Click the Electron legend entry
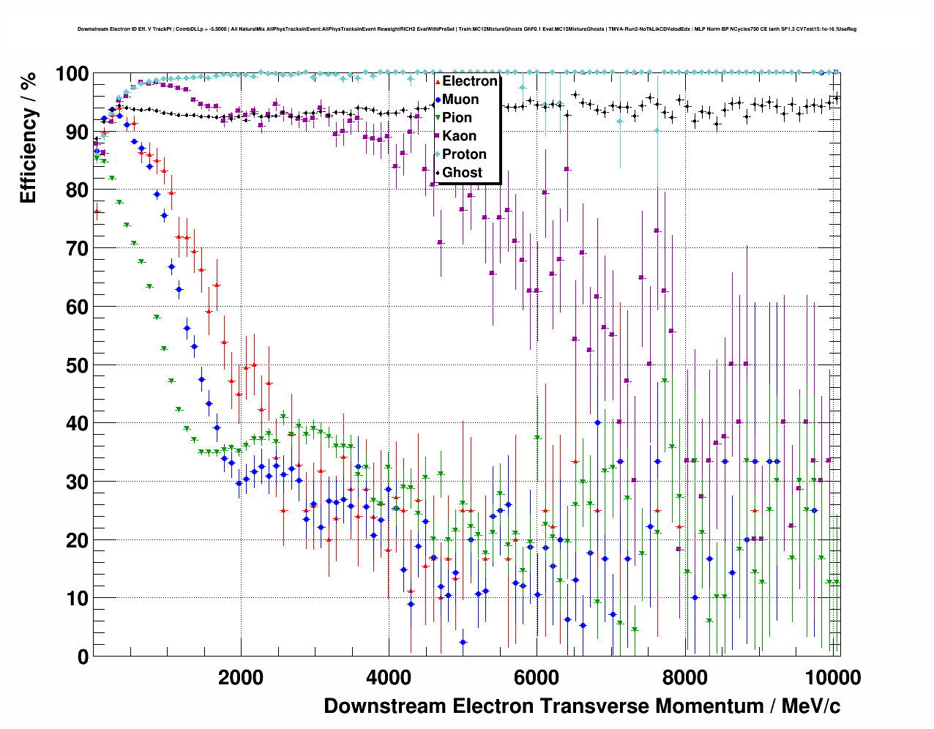469,81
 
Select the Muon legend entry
460,100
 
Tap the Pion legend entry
457,118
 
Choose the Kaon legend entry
459,136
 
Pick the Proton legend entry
464,154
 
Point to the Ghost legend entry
462,173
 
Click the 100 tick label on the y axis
72,74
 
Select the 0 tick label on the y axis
83,657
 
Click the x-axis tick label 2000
240,678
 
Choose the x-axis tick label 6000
536,678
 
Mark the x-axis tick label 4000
388,678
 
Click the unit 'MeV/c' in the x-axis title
811,706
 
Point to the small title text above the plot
467,29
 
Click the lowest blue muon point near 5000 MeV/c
463,643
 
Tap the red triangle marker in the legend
438,81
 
